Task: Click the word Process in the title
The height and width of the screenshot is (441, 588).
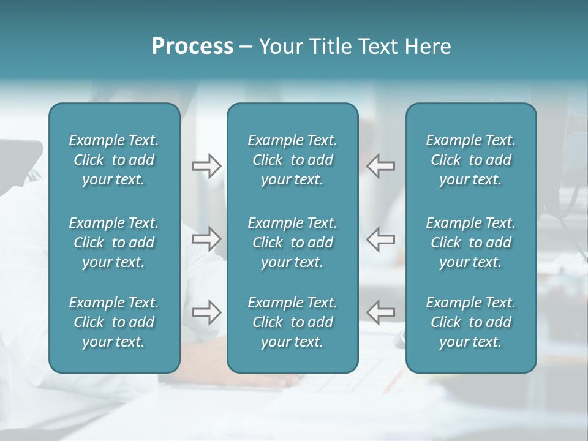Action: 192,47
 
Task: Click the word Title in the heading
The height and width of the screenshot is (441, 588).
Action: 330,47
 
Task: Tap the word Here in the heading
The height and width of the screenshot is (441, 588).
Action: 427,47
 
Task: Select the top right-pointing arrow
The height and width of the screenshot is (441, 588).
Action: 206,165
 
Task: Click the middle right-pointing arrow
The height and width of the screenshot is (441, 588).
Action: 206,238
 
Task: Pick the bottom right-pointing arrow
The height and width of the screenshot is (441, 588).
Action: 206,312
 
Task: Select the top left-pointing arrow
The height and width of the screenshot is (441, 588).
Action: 381,165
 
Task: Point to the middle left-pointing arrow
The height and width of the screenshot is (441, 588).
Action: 381,238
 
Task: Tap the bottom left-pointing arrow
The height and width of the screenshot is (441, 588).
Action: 381,312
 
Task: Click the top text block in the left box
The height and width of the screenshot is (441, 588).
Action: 114,160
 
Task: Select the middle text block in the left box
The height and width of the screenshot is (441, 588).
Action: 114,243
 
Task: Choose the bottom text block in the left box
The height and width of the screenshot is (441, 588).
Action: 114,322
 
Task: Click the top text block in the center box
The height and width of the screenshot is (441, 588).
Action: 293,160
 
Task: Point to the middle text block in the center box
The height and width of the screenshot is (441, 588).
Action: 293,243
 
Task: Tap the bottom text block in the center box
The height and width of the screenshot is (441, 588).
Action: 293,322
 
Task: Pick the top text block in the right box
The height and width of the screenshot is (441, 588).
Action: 471,160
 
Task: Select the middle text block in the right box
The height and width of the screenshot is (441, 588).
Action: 471,243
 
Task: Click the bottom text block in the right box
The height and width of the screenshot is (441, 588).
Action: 471,322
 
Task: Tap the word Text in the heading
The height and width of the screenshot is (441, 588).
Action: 377,47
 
